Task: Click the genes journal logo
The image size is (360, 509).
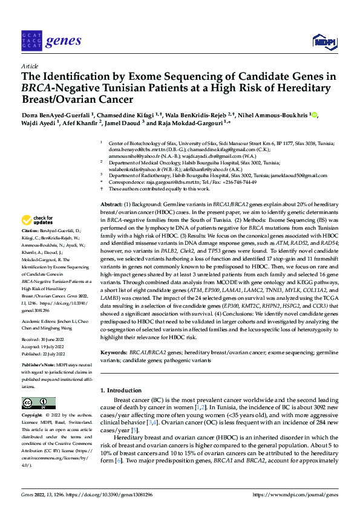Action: [x=51, y=41]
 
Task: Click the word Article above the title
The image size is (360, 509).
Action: [x=29, y=66]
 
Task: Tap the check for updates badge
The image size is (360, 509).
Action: [x=38, y=219]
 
